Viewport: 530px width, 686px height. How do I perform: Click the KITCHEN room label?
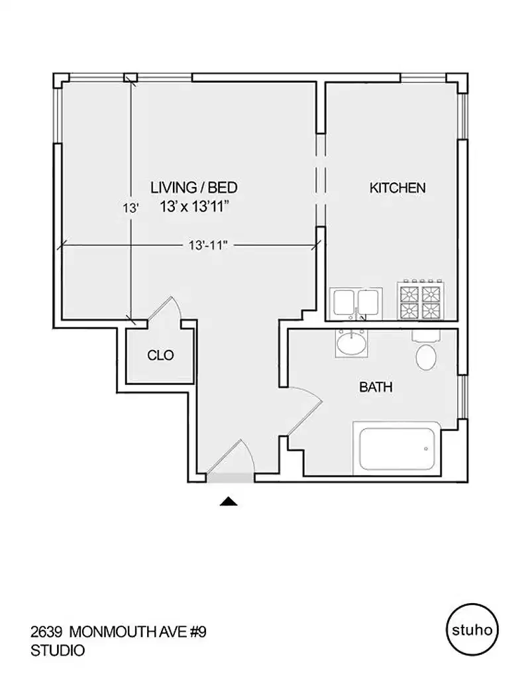[397, 188]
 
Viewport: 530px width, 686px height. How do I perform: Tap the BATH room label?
[376, 387]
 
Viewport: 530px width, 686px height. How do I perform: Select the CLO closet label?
[160, 356]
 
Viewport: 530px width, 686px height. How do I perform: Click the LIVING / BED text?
[193, 188]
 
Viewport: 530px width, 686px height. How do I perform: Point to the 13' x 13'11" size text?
[193, 207]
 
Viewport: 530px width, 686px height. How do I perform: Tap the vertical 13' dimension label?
[131, 208]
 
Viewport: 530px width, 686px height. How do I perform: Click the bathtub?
[396, 448]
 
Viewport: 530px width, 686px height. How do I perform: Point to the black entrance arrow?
[228, 502]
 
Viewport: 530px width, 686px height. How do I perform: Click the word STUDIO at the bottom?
[58, 651]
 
